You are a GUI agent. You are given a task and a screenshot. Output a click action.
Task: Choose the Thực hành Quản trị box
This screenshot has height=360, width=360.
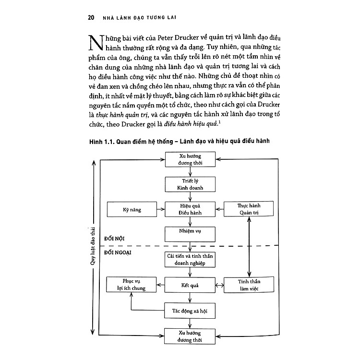point(248,209)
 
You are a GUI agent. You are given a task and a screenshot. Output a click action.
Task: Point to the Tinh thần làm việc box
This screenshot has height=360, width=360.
point(248,285)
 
